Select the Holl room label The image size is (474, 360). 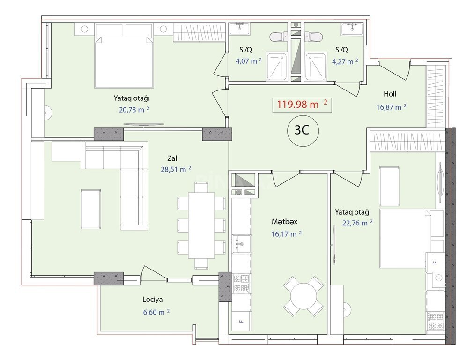[x=390, y=94]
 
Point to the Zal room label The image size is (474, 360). [x=172, y=158]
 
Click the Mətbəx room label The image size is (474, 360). [x=284, y=221]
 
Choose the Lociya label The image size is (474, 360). [x=152, y=300]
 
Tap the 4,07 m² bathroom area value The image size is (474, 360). [x=249, y=61]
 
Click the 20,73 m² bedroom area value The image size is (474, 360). [x=134, y=110]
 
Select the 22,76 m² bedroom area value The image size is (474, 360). [x=357, y=223]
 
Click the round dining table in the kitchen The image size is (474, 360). [x=303, y=296]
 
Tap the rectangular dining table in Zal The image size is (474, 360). [x=201, y=225]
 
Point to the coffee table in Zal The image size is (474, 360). [x=91, y=209]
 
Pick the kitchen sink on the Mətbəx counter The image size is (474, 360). [x=241, y=244]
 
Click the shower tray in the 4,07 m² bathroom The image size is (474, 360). [x=277, y=67]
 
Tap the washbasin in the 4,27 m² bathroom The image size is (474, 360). [x=352, y=29]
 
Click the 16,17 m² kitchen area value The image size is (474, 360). [x=286, y=234]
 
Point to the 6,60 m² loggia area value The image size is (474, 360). [x=156, y=312]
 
